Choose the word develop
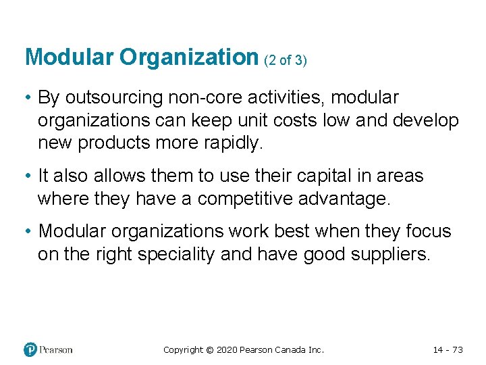click(425, 121)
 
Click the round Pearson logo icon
click(30, 349)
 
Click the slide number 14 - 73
click(448, 349)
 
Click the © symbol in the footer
click(209, 349)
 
